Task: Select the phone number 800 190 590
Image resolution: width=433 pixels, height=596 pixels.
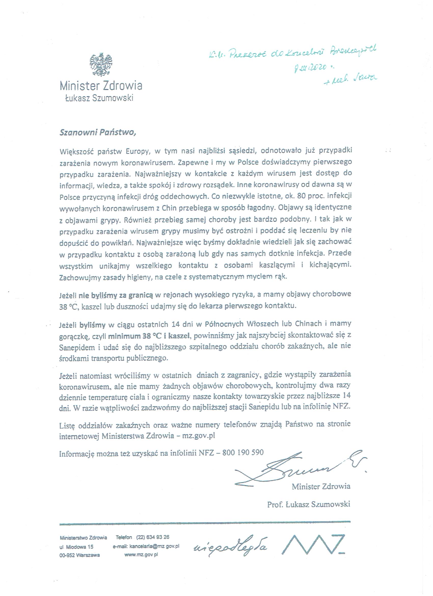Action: click(243, 452)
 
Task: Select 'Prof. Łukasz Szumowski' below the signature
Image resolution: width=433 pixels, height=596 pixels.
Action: click(308, 504)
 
